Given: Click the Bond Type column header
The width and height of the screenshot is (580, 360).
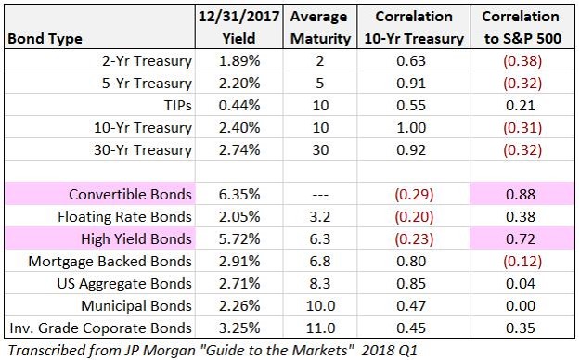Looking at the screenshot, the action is (x=45, y=39).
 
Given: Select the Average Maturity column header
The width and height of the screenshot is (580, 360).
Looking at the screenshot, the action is (x=320, y=28).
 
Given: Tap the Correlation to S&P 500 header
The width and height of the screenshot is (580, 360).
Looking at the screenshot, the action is (x=522, y=28).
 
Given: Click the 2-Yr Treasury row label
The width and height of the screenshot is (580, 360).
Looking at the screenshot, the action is (x=147, y=61).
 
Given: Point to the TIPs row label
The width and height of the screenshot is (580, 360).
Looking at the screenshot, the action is (x=178, y=106).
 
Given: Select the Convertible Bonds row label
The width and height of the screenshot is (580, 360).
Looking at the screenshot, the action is (x=130, y=195).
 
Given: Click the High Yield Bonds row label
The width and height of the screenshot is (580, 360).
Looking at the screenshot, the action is (x=136, y=239).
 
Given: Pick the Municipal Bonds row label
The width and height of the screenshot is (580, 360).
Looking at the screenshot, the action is (x=136, y=306).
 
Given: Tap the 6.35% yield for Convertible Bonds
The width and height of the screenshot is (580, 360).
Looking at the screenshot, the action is (x=238, y=195).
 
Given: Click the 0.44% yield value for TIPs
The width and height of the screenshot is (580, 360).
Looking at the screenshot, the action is (x=238, y=106).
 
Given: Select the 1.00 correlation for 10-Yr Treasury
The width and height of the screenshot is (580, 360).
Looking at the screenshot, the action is (x=411, y=128).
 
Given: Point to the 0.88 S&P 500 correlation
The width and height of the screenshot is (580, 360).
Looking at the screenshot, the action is (x=521, y=195).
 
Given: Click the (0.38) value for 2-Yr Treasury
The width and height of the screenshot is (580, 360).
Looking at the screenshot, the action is (x=522, y=61).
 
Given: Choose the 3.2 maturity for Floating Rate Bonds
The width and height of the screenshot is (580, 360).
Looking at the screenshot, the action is (x=319, y=217).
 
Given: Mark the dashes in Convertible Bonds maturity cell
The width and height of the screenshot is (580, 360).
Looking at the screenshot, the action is (x=320, y=195).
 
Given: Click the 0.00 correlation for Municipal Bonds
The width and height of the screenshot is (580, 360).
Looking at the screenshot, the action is (x=521, y=306).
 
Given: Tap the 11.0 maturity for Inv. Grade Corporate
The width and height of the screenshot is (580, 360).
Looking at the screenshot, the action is (x=320, y=328).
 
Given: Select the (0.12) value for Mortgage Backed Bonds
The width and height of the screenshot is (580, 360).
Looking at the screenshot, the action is (x=522, y=262).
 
